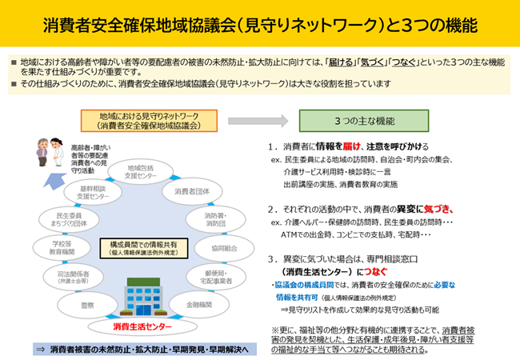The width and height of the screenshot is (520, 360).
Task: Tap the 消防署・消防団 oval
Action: (x=215, y=219)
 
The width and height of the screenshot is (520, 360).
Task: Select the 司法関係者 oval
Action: (x=70, y=278)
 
